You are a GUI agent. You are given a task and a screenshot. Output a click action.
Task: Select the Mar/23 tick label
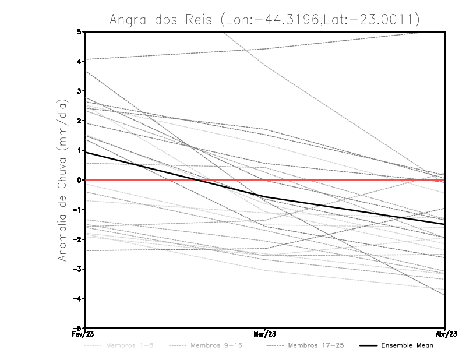[x=265, y=334]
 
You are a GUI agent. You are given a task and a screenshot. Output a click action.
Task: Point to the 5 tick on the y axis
[x=79, y=31]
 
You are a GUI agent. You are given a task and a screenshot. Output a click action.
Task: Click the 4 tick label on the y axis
[x=79, y=61]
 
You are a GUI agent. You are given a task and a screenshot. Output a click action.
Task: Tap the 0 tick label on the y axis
[x=79, y=180]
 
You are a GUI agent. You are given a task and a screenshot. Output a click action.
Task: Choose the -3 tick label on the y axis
[x=77, y=269]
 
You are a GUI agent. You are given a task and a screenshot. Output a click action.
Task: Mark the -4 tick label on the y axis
[x=77, y=299]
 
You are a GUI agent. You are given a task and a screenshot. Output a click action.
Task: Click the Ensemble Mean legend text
[x=407, y=345]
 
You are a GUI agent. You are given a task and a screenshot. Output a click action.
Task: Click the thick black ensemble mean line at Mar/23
[x=265, y=197]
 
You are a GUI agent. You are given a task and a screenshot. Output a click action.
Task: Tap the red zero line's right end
[x=443, y=180]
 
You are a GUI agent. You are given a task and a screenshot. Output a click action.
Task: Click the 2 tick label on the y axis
[x=79, y=121]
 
